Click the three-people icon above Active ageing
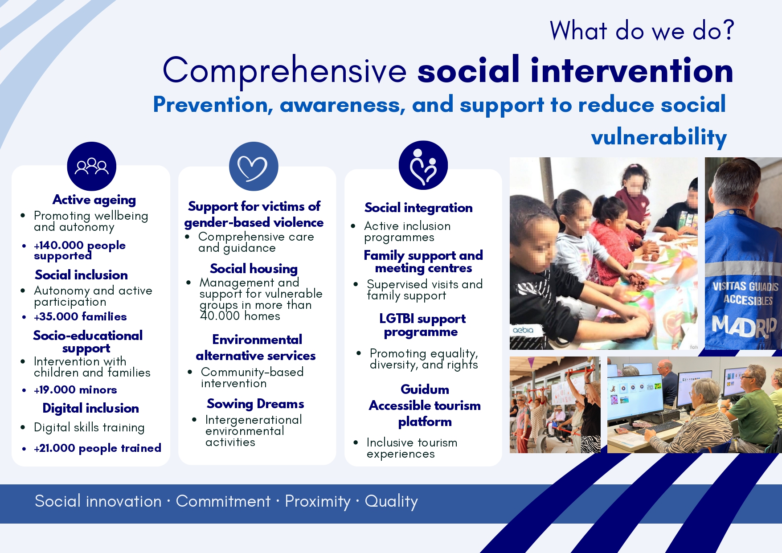coord(91,166)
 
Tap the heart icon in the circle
coord(253,168)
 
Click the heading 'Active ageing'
coord(94,200)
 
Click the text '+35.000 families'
coord(80,316)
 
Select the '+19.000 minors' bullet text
coord(75,389)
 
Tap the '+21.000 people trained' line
coord(98,448)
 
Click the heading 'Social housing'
coord(254,269)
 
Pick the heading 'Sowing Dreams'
coord(255,404)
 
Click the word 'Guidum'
coord(425,389)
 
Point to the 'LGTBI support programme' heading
coord(422,325)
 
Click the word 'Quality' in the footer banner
coord(391,501)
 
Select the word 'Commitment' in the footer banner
coord(223,501)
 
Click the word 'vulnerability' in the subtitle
coord(659,137)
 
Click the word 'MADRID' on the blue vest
coord(744,326)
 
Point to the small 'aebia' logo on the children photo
coord(523,330)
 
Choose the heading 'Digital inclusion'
coord(90,408)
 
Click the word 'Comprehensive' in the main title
coord(285,71)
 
